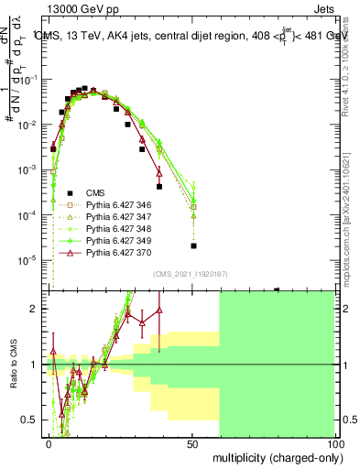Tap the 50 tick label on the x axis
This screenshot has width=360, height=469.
tap(192, 442)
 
